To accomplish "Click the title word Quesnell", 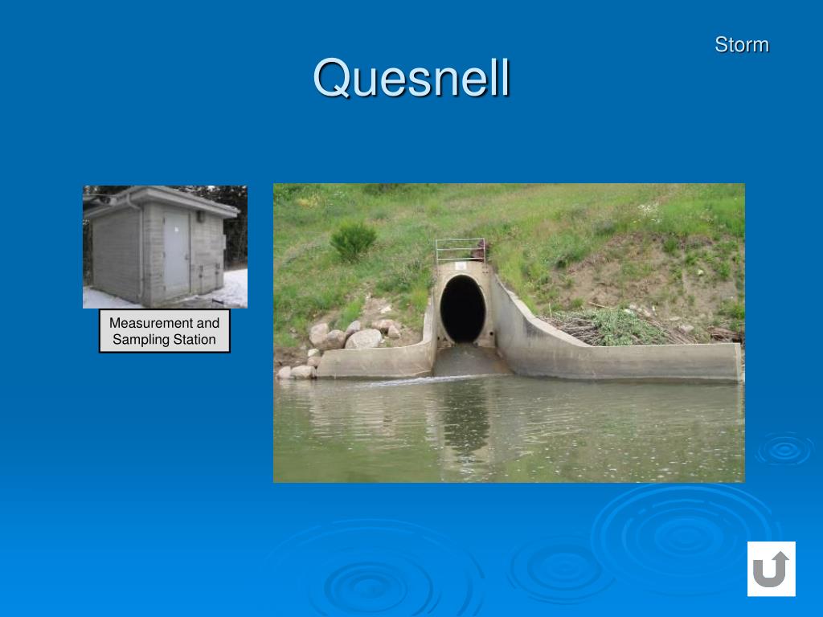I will [x=411, y=79].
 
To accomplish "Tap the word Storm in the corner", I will [x=741, y=45].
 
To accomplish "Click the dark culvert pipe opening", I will [x=462, y=308].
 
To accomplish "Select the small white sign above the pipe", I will [x=460, y=266].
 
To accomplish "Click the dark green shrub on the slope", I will [x=353, y=239].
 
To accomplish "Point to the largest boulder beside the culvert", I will [x=364, y=339].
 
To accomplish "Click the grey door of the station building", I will [x=177, y=252].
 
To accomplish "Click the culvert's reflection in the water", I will [x=465, y=418].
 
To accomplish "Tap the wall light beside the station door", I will [x=197, y=215].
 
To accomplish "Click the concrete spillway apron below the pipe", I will [x=470, y=362].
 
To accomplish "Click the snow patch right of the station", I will [x=234, y=288].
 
